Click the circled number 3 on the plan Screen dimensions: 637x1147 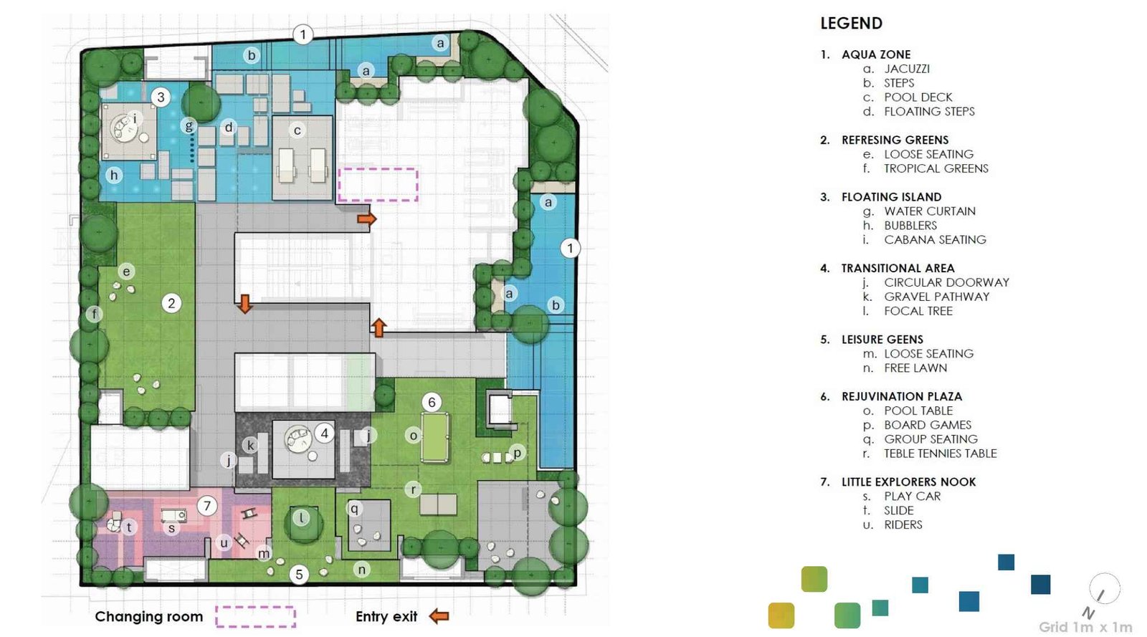161,97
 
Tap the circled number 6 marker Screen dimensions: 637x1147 432,402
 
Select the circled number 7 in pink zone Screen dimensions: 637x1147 207,506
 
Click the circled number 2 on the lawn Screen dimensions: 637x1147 171,303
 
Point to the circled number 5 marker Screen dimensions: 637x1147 300,574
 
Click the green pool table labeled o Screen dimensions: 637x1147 434,438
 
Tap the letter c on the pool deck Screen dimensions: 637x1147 297,130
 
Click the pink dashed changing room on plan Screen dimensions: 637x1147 378,184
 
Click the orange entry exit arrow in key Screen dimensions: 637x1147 439,616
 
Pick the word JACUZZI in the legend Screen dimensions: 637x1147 906,69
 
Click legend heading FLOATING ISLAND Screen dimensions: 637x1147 891,197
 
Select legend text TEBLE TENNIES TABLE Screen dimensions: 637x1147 940,454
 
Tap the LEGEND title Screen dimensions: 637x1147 851,24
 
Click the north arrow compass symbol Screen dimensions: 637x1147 1103,590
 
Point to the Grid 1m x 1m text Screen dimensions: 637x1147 1085,627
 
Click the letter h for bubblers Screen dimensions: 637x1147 113,175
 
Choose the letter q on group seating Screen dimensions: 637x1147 353,509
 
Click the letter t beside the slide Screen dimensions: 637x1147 129,527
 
